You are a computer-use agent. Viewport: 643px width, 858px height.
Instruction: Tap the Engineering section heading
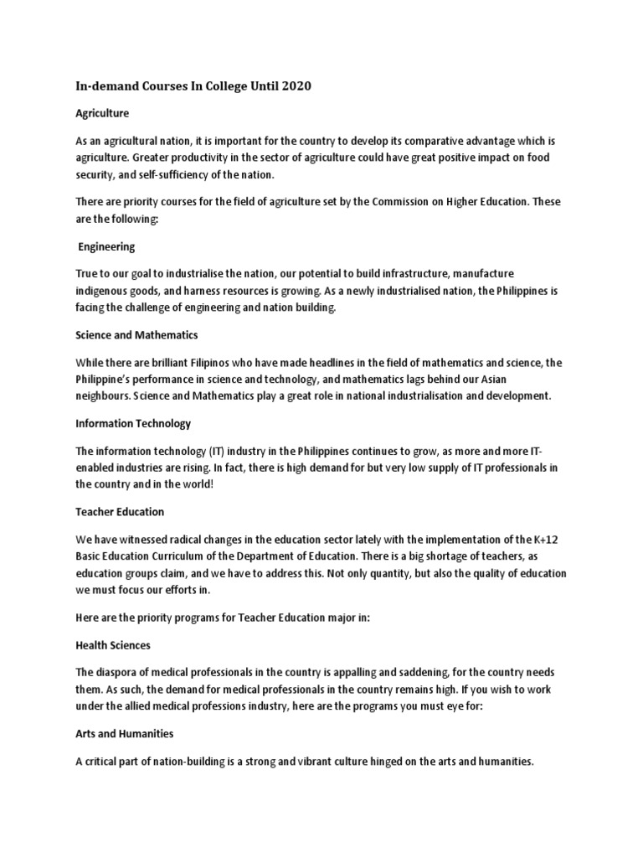tap(106, 247)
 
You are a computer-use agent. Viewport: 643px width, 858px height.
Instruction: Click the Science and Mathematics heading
tap(136, 335)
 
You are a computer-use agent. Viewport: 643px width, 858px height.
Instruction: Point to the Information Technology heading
tap(133, 423)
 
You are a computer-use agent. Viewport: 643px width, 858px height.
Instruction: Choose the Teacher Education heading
tap(120, 511)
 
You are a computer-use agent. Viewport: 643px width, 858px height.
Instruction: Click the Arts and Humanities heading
tap(125, 733)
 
